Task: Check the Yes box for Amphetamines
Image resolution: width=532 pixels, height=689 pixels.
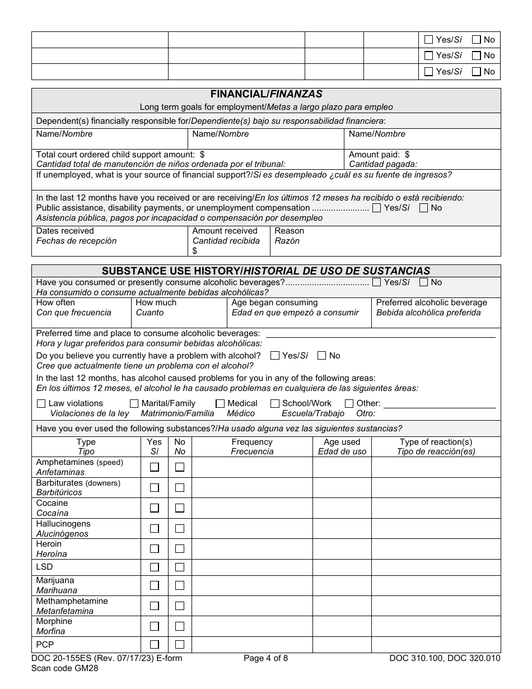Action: [x=155, y=467]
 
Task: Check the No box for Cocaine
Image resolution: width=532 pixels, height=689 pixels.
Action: [x=180, y=508]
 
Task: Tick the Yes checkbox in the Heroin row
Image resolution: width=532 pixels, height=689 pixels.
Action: [x=155, y=549]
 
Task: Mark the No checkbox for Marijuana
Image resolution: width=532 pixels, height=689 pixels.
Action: [x=180, y=585]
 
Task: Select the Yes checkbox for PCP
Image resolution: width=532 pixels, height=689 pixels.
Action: [x=155, y=645]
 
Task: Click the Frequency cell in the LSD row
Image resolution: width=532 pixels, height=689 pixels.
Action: [x=252, y=567]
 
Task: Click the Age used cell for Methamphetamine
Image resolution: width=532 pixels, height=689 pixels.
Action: [x=342, y=606]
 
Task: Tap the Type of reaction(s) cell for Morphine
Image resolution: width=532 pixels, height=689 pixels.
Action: [x=436, y=626]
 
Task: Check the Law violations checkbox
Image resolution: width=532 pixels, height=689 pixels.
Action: [x=41, y=404]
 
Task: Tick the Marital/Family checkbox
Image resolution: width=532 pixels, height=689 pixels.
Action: [x=134, y=404]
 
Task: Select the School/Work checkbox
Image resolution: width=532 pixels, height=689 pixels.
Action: [x=275, y=404]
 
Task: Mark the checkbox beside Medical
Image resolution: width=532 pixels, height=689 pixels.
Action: [x=220, y=404]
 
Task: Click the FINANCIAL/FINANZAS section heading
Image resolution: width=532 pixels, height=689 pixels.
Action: [x=266, y=95]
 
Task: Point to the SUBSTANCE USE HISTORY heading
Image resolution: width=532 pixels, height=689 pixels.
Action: [x=266, y=271]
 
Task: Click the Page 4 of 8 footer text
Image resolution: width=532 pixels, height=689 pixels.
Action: [x=266, y=659]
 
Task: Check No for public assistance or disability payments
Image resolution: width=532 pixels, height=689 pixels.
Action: [x=424, y=208]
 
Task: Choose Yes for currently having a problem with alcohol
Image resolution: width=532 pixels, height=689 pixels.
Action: [x=275, y=356]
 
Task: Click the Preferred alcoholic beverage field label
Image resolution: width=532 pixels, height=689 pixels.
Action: [x=431, y=303]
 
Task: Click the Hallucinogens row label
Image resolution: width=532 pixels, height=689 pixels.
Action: [x=63, y=524]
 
